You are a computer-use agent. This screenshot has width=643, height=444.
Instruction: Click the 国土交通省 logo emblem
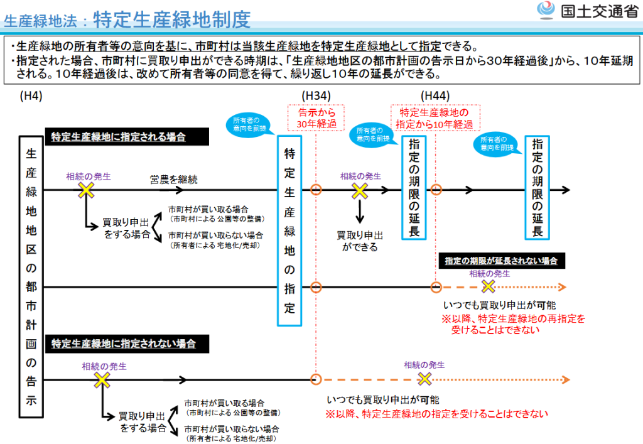point(546,10)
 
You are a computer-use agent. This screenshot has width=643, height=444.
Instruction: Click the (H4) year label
point(31,96)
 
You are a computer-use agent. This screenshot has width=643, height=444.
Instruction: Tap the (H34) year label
point(316,96)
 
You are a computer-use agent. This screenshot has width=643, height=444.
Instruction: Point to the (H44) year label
point(435,96)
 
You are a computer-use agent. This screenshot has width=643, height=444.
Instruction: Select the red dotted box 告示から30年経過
point(316,118)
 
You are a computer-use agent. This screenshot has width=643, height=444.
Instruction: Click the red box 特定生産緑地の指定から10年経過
point(435,118)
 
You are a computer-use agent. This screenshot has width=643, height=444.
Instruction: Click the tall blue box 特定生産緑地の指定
point(289,231)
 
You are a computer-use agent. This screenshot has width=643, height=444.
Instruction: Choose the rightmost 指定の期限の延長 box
point(538,188)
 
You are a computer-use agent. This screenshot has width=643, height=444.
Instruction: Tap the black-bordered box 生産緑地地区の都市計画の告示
point(31,277)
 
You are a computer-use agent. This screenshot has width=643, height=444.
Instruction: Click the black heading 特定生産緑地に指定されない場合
point(127,344)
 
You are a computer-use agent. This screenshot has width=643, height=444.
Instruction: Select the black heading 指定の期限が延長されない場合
point(502,261)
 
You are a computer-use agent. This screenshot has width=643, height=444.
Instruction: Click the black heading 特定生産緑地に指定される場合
point(127,136)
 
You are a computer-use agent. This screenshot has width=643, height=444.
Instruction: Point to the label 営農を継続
point(173,179)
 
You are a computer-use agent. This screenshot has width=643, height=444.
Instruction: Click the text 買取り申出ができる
point(360,241)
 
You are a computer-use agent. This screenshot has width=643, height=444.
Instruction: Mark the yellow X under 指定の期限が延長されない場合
point(488,286)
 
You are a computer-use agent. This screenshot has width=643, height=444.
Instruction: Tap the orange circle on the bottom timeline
point(316,380)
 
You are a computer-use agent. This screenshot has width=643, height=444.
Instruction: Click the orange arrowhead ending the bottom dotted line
point(566,380)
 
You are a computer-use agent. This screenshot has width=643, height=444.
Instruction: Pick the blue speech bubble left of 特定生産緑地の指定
point(246,124)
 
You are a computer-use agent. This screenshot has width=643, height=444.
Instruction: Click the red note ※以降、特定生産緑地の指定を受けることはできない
point(437,414)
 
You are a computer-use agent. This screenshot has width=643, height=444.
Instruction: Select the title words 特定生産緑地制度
point(172,19)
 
